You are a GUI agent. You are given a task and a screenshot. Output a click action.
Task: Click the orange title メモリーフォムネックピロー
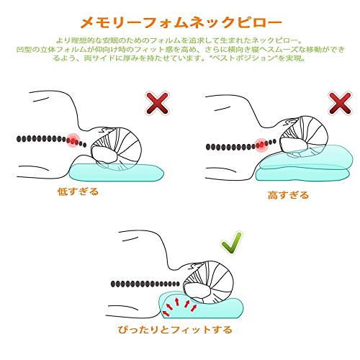181,23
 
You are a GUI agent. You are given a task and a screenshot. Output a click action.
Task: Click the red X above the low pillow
157,103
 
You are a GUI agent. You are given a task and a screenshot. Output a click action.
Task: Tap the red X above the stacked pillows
340,103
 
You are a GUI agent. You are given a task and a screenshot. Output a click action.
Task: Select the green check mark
232,243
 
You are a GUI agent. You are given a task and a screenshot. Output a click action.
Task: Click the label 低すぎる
78,192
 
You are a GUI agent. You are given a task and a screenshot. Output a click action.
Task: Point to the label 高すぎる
288,195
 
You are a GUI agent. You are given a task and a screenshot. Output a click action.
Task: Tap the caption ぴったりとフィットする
175,330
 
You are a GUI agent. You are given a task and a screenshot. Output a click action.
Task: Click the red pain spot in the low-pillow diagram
73,140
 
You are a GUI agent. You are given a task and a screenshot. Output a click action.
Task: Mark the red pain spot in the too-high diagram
261,145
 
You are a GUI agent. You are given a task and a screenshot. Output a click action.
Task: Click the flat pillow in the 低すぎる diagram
117,173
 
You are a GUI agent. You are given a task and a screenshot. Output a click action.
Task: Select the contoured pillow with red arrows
201,305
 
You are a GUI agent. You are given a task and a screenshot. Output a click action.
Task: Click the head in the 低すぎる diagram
116,149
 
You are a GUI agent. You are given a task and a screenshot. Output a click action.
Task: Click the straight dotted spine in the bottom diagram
145,284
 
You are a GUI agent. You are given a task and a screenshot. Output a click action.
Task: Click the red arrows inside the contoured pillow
179,307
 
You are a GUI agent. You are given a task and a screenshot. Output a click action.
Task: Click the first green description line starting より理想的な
179,40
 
